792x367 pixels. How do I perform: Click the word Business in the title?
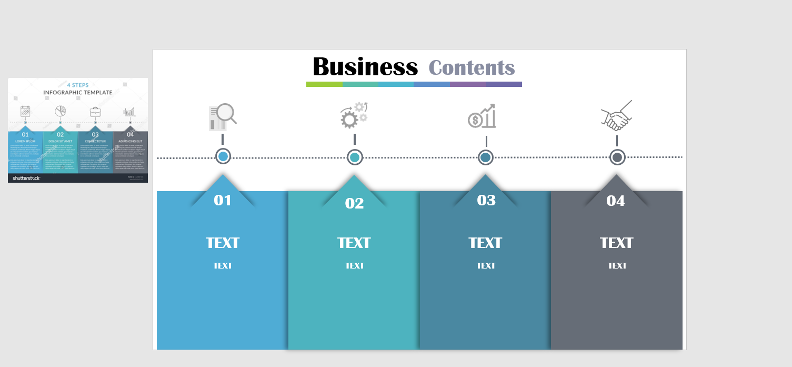pyautogui.click(x=365, y=67)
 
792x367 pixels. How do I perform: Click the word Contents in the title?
pyautogui.click(x=472, y=67)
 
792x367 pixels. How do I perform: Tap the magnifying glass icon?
pyautogui.click(x=223, y=117)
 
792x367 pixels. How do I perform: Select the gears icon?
pyautogui.click(x=354, y=115)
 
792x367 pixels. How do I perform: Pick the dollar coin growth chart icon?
pyautogui.click(x=482, y=116)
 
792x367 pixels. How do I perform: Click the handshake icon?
pyautogui.click(x=616, y=116)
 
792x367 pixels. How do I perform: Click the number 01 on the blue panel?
pyautogui.click(x=223, y=200)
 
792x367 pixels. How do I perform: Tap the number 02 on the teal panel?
pyautogui.click(x=354, y=203)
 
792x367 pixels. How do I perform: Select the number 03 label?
pyautogui.click(x=486, y=200)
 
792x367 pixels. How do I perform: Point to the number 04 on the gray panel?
pyautogui.click(x=615, y=201)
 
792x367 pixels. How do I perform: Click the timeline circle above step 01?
pyautogui.click(x=223, y=156)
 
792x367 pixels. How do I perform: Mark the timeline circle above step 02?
pyautogui.click(x=355, y=157)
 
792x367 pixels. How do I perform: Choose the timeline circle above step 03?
pyautogui.click(x=486, y=157)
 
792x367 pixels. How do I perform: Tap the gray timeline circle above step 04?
pyautogui.click(x=617, y=157)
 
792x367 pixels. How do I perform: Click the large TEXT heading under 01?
pyautogui.click(x=223, y=243)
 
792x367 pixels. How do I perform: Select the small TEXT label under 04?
pyautogui.click(x=617, y=266)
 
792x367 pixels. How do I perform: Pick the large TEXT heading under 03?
pyautogui.click(x=485, y=243)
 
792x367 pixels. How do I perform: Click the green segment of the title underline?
pyautogui.click(x=324, y=84)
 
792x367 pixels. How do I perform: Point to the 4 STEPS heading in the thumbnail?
pyautogui.click(x=77, y=85)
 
